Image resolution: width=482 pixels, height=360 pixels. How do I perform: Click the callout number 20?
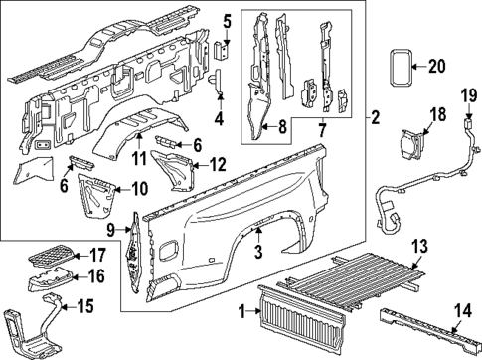(x=437, y=67)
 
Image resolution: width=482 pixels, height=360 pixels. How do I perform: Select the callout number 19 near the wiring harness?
(x=467, y=96)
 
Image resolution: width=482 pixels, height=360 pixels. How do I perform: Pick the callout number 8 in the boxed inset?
(x=282, y=126)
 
